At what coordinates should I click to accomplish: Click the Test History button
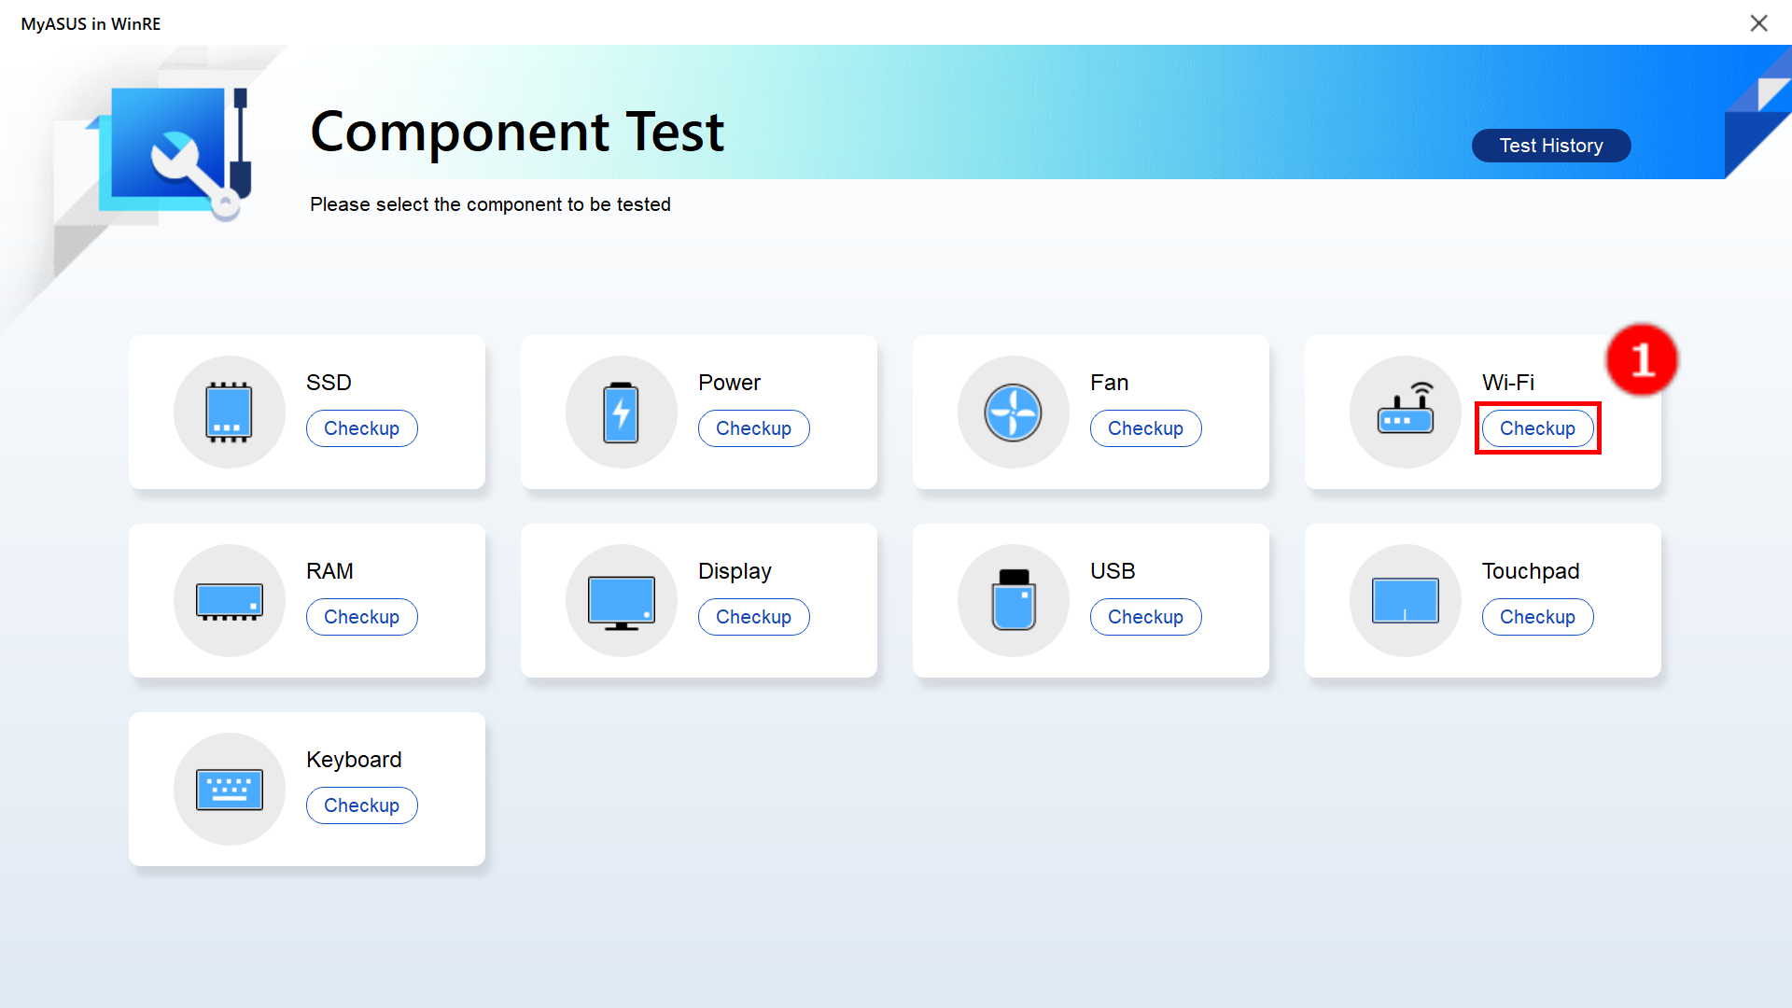pos(1551,146)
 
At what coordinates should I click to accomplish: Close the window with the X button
pos(1758,23)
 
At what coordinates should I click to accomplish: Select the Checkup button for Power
pos(753,428)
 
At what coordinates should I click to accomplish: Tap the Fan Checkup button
pos(1145,428)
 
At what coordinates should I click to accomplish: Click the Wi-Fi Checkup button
pos(1537,428)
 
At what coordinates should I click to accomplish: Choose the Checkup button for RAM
pos(361,617)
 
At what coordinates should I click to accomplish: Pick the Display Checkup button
pos(753,617)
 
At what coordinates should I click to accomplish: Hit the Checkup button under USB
pos(1145,617)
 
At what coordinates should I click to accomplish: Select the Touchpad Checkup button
pos(1537,617)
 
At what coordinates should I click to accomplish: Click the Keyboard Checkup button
pos(361,805)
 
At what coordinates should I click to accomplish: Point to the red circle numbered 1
pos(1642,360)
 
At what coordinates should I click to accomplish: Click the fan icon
pos(1013,412)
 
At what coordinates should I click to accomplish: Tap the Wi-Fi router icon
pos(1406,409)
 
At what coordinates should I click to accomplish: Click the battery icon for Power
pos(621,412)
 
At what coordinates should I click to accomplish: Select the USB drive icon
pos(1014,600)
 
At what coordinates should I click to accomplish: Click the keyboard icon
pos(230,790)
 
